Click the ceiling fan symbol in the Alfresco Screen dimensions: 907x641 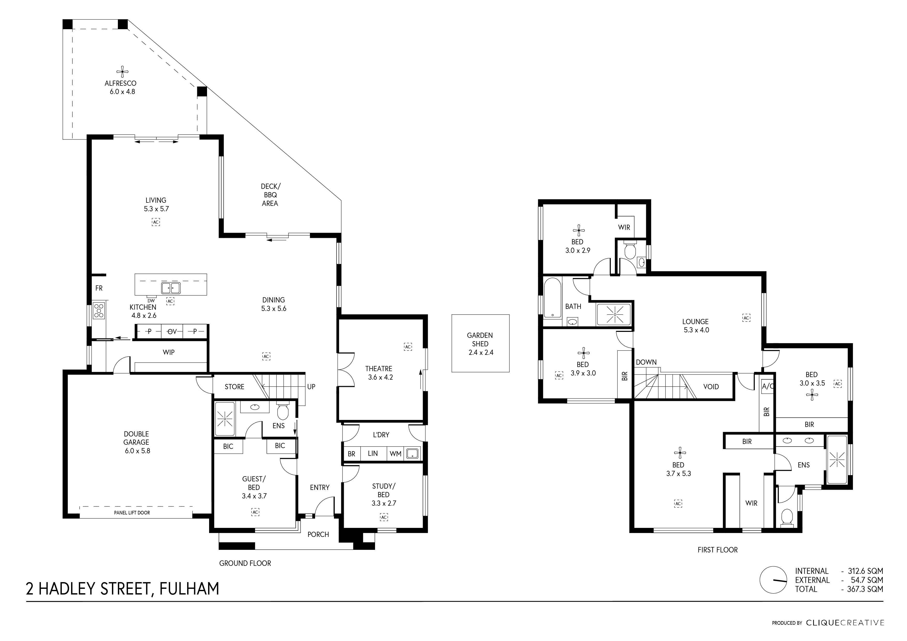[123, 72]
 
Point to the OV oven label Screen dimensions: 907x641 [172, 332]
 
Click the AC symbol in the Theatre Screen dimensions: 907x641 [408, 347]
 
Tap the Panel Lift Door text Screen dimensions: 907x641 [132, 513]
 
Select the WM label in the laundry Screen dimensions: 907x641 [395, 454]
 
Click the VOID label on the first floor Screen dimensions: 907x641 [711, 387]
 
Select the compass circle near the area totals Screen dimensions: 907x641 [773, 580]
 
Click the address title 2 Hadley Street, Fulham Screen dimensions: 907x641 [123, 589]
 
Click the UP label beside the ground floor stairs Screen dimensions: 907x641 [311, 387]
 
